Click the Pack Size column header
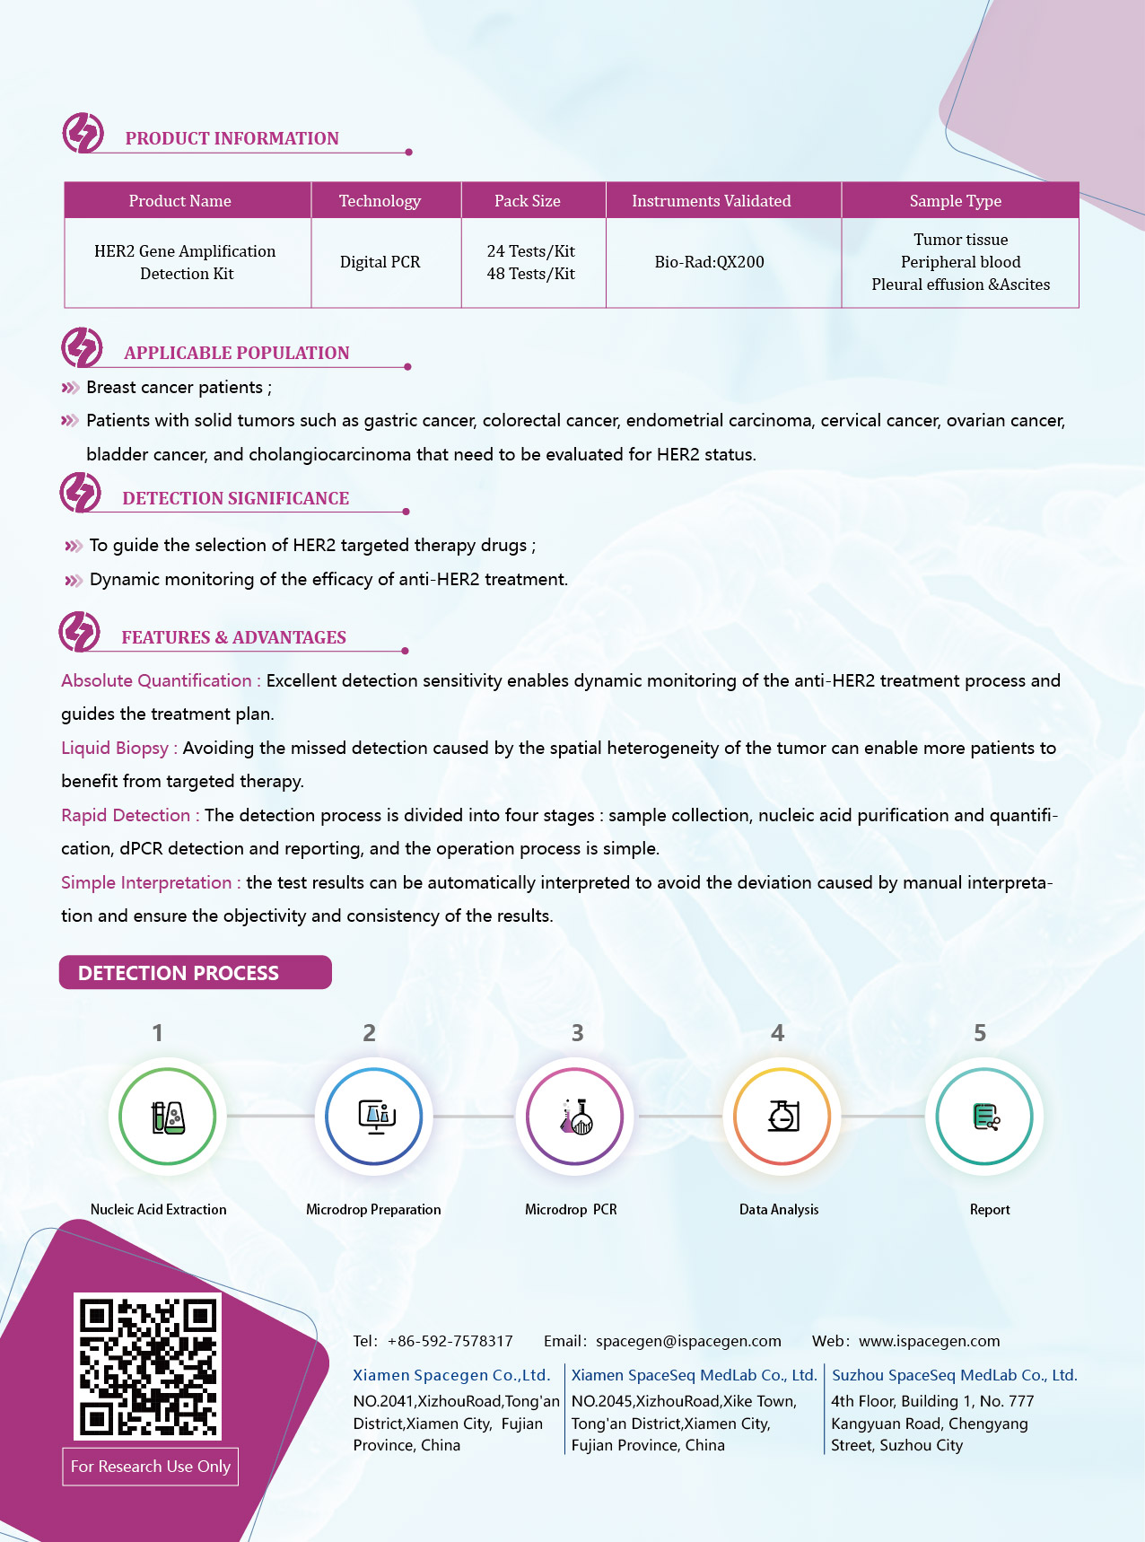(x=528, y=201)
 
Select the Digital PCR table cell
(x=380, y=262)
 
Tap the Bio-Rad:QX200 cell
(x=709, y=262)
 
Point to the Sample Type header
(x=955, y=201)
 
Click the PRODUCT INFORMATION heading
(x=232, y=138)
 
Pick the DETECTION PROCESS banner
(x=196, y=973)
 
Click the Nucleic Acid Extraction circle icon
(x=168, y=1117)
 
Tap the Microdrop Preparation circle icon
(x=374, y=1117)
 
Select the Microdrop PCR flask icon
(x=575, y=1117)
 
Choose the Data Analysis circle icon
(x=782, y=1117)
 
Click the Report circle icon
(x=984, y=1117)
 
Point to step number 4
(x=777, y=1033)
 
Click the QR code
(x=148, y=1366)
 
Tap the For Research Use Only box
(x=150, y=1467)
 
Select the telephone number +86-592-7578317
(x=450, y=1341)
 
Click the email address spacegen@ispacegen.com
(x=688, y=1341)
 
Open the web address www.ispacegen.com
(x=929, y=1341)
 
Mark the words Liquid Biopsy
(x=115, y=748)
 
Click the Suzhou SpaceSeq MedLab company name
(x=954, y=1375)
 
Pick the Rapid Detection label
(x=126, y=815)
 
